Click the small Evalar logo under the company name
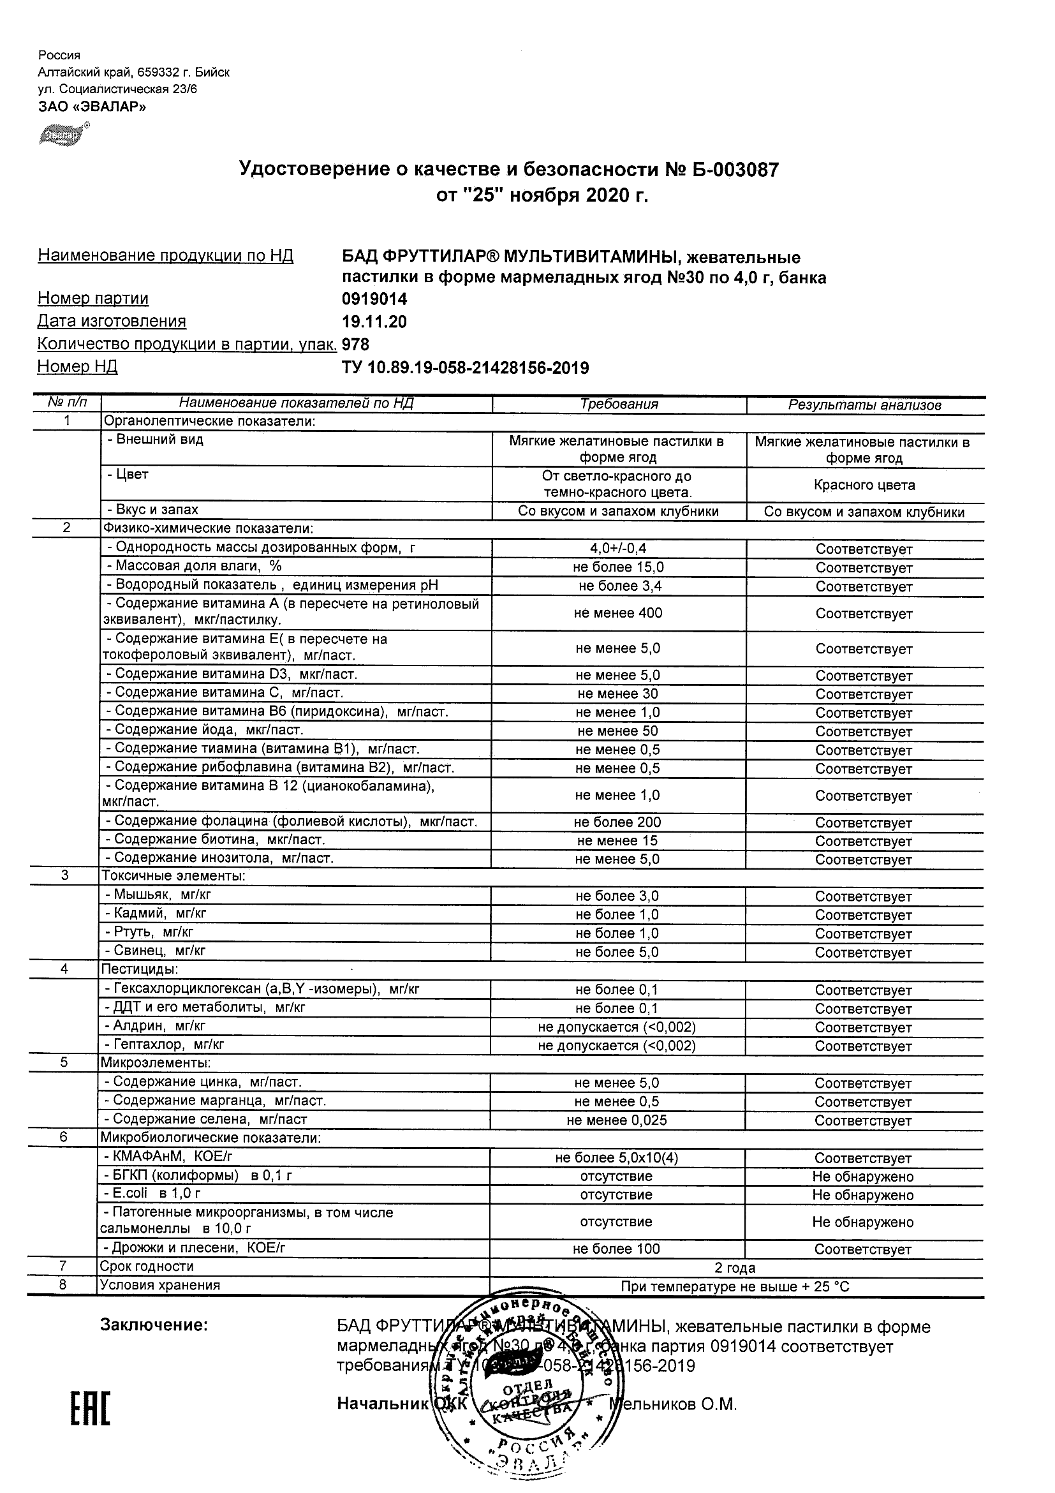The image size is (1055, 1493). pos(63,135)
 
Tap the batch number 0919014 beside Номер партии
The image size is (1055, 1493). pos(374,299)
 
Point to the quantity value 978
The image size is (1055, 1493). pos(355,345)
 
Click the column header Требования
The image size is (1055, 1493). pos(619,405)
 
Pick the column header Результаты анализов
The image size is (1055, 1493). pos(864,406)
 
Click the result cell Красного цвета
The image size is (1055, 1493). pos(864,485)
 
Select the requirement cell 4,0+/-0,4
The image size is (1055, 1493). pos(617,549)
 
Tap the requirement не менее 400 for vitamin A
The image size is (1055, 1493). pos(617,613)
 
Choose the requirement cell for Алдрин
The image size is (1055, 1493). pos(616,1027)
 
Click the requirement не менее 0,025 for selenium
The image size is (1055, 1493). pos(616,1120)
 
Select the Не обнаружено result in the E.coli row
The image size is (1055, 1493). pos(862,1195)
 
